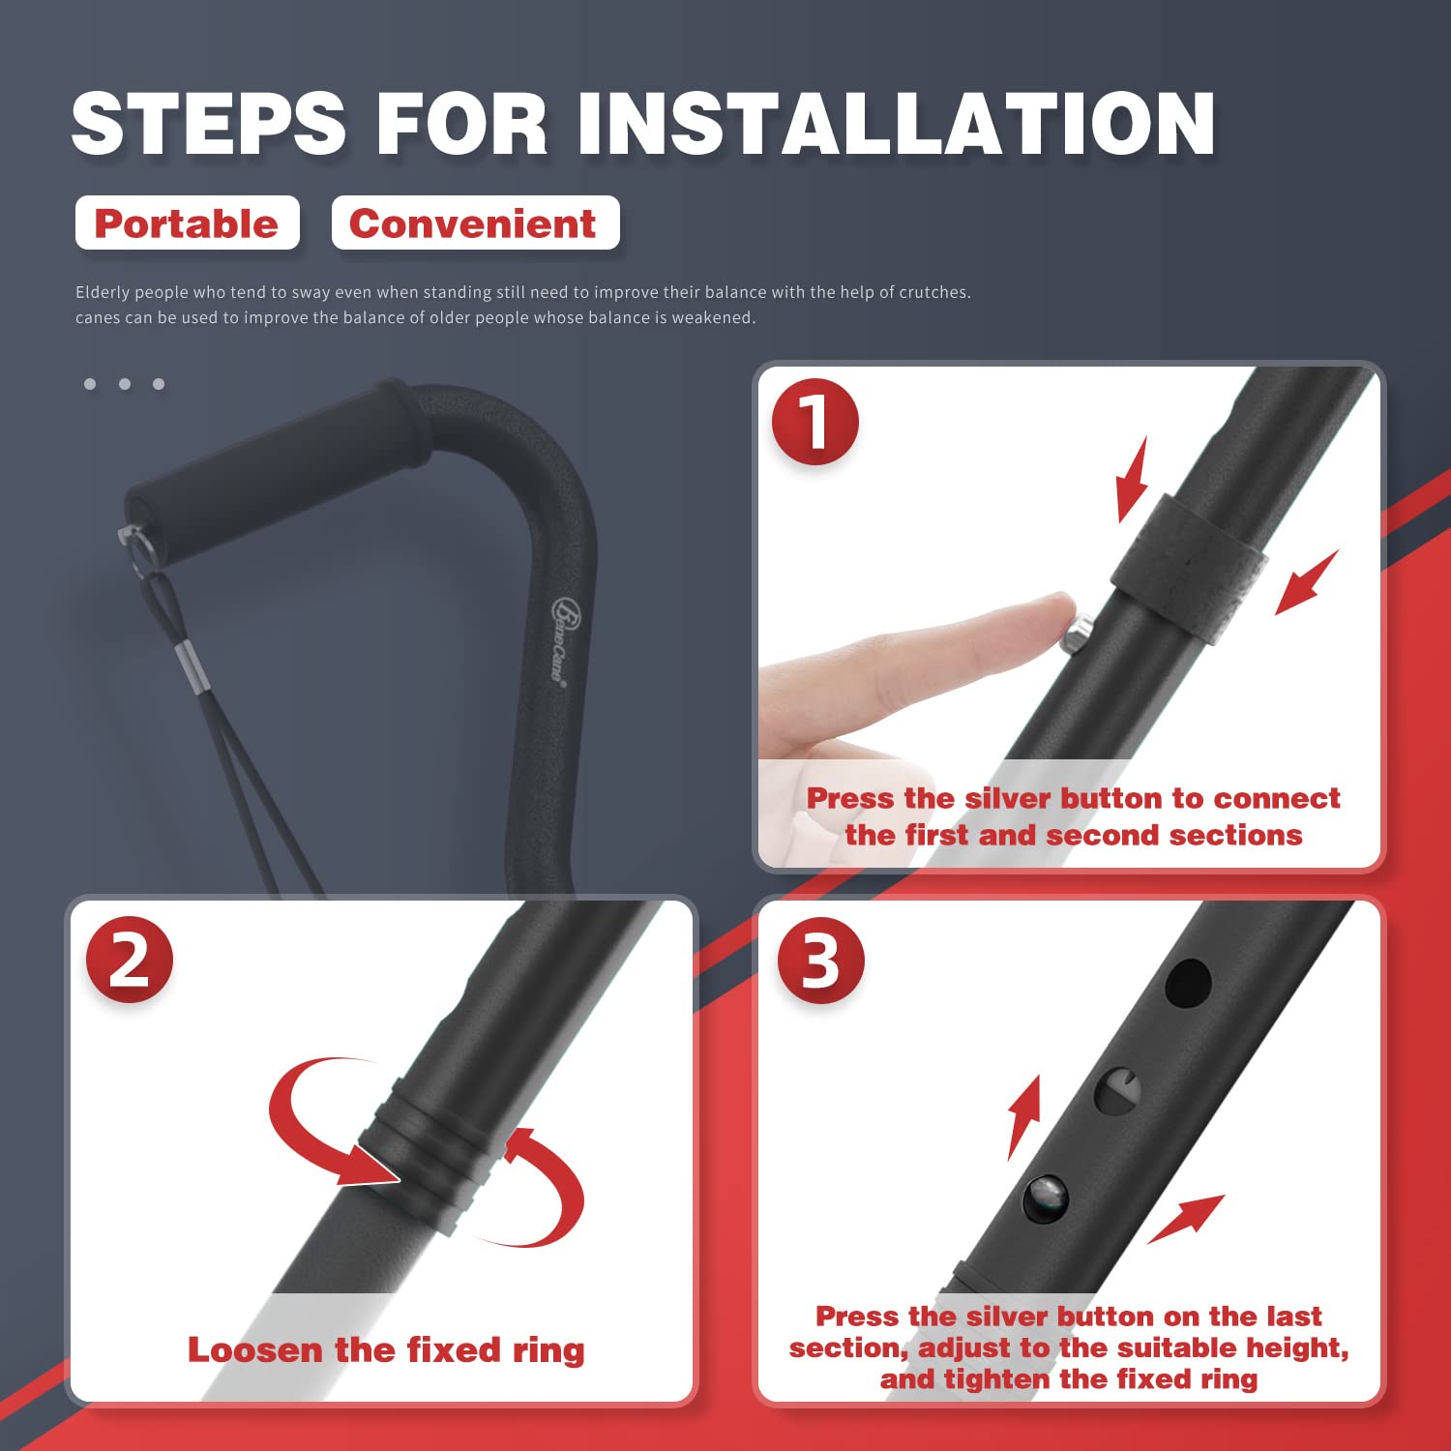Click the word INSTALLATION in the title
pyautogui.click(x=896, y=124)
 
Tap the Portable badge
pyautogui.click(x=187, y=223)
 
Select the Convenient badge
pyautogui.click(x=474, y=223)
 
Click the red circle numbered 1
pyautogui.click(x=814, y=422)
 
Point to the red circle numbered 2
pyautogui.click(x=129, y=960)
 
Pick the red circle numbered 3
pyautogui.click(x=820, y=961)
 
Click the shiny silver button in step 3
pyautogui.click(x=1046, y=1199)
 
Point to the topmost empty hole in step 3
pyautogui.click(x=1188, y=983)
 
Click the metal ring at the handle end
pyautogui.click(x=139, y=551)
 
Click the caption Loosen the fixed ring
pyautogui.click(x=385, y=1349)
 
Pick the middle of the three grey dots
pyautogui.click(x=125, y=384)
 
